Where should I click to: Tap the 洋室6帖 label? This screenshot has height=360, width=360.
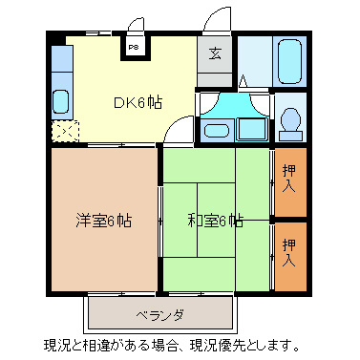(x=103, y=221)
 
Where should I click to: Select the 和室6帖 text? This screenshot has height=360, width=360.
(x=214, y=221)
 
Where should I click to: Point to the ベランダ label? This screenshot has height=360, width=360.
(x=159, y=315)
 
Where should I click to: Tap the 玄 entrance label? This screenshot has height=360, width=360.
(x=215, y=53)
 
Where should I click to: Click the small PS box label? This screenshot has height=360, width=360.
(x=134, y=46)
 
